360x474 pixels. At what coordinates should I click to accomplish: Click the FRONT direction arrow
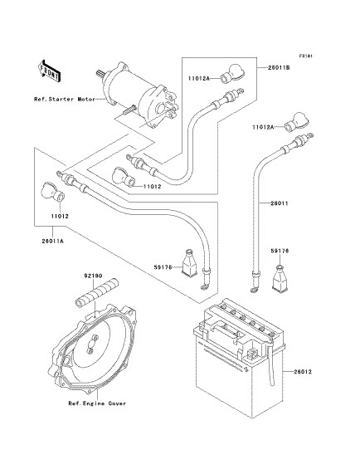[x=50, y=71]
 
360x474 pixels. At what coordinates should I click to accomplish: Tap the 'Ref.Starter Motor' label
[x=65, y=99]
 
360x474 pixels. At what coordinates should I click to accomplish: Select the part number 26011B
[x=279, y=68]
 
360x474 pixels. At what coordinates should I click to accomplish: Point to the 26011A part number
[x=53, y=242]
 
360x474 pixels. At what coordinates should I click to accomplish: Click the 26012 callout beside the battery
[x=303, y=372]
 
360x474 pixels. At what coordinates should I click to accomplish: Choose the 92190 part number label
[x=93, y=276]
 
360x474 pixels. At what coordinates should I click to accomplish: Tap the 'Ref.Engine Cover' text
[x=97, y=403]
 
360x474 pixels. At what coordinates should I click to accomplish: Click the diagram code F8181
[x=305, y=56]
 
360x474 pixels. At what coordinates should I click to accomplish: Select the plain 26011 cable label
[x=279, y=203]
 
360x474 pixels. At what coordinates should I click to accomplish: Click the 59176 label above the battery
[x=280, y=251]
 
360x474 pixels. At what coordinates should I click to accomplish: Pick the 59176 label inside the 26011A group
[x=163, y=267]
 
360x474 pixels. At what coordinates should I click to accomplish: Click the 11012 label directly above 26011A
[x=60, y=216]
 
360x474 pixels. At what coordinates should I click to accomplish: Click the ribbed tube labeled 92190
[x=96, y=293]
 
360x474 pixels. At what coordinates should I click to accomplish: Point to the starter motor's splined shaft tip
[x=99, y=73]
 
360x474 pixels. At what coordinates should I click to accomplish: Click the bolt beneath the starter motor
[x=129, y=109]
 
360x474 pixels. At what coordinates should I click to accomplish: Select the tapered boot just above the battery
[x=280, y=278]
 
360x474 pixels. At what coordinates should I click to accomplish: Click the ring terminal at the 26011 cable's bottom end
[x=254, y=291]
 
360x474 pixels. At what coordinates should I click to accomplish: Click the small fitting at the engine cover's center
[x=91, y=344]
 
